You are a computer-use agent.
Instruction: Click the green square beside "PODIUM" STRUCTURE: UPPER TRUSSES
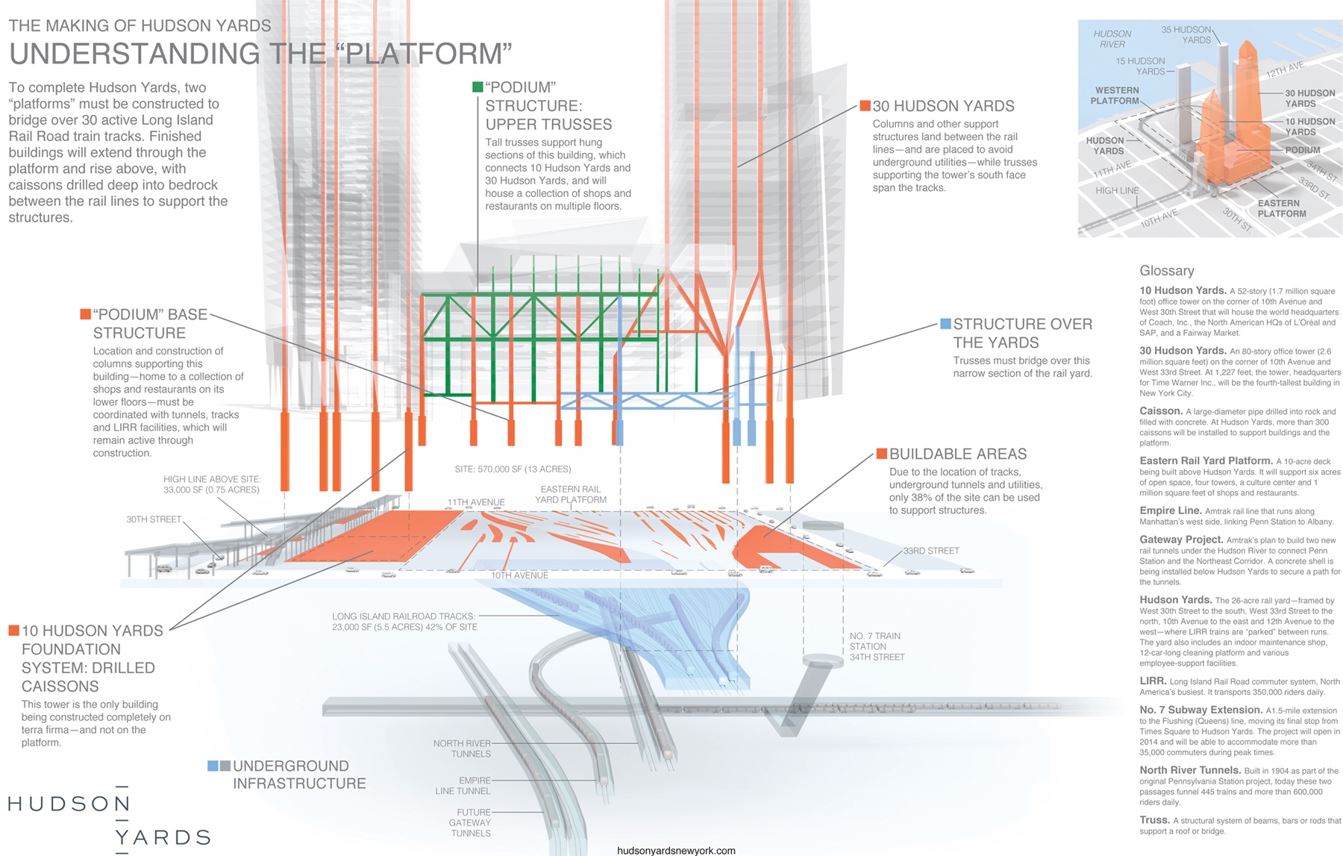click(x=478, y=87)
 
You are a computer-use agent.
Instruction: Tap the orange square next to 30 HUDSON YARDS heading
click(x=865, y=106)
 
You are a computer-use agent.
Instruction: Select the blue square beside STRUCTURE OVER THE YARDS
click(x=945, y=324)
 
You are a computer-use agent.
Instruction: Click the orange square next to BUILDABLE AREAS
click(x=881, y=454)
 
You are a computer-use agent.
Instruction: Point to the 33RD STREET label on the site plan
click(x=931, y=551)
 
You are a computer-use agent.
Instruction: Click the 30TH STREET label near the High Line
click(x=154, y=519)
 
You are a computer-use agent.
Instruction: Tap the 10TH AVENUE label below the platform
click(x=519, y=575)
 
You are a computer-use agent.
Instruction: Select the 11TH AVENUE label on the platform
click(x=476, y=502)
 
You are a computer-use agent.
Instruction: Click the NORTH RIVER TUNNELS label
click(x=462, y=749)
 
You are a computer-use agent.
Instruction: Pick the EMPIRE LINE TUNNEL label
click(x=463, y=786)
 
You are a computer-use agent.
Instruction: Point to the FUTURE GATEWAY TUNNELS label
click(x=469, y=822)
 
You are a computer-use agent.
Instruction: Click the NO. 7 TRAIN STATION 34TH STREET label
click(x=877, y=646)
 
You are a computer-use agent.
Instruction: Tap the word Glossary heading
click(x=1167, y=271)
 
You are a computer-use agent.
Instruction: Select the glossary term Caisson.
click(x=1161, y=411)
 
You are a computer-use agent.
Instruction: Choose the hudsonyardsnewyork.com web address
click(x=676, y=850)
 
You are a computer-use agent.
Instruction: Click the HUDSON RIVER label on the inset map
click(x=1112, y=39)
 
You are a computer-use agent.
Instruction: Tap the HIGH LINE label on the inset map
click(x=1117, y=190)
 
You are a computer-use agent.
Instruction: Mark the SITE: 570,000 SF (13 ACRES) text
click(x=513, y=469)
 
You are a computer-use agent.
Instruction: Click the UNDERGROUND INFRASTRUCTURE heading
click(x=299, y=775)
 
